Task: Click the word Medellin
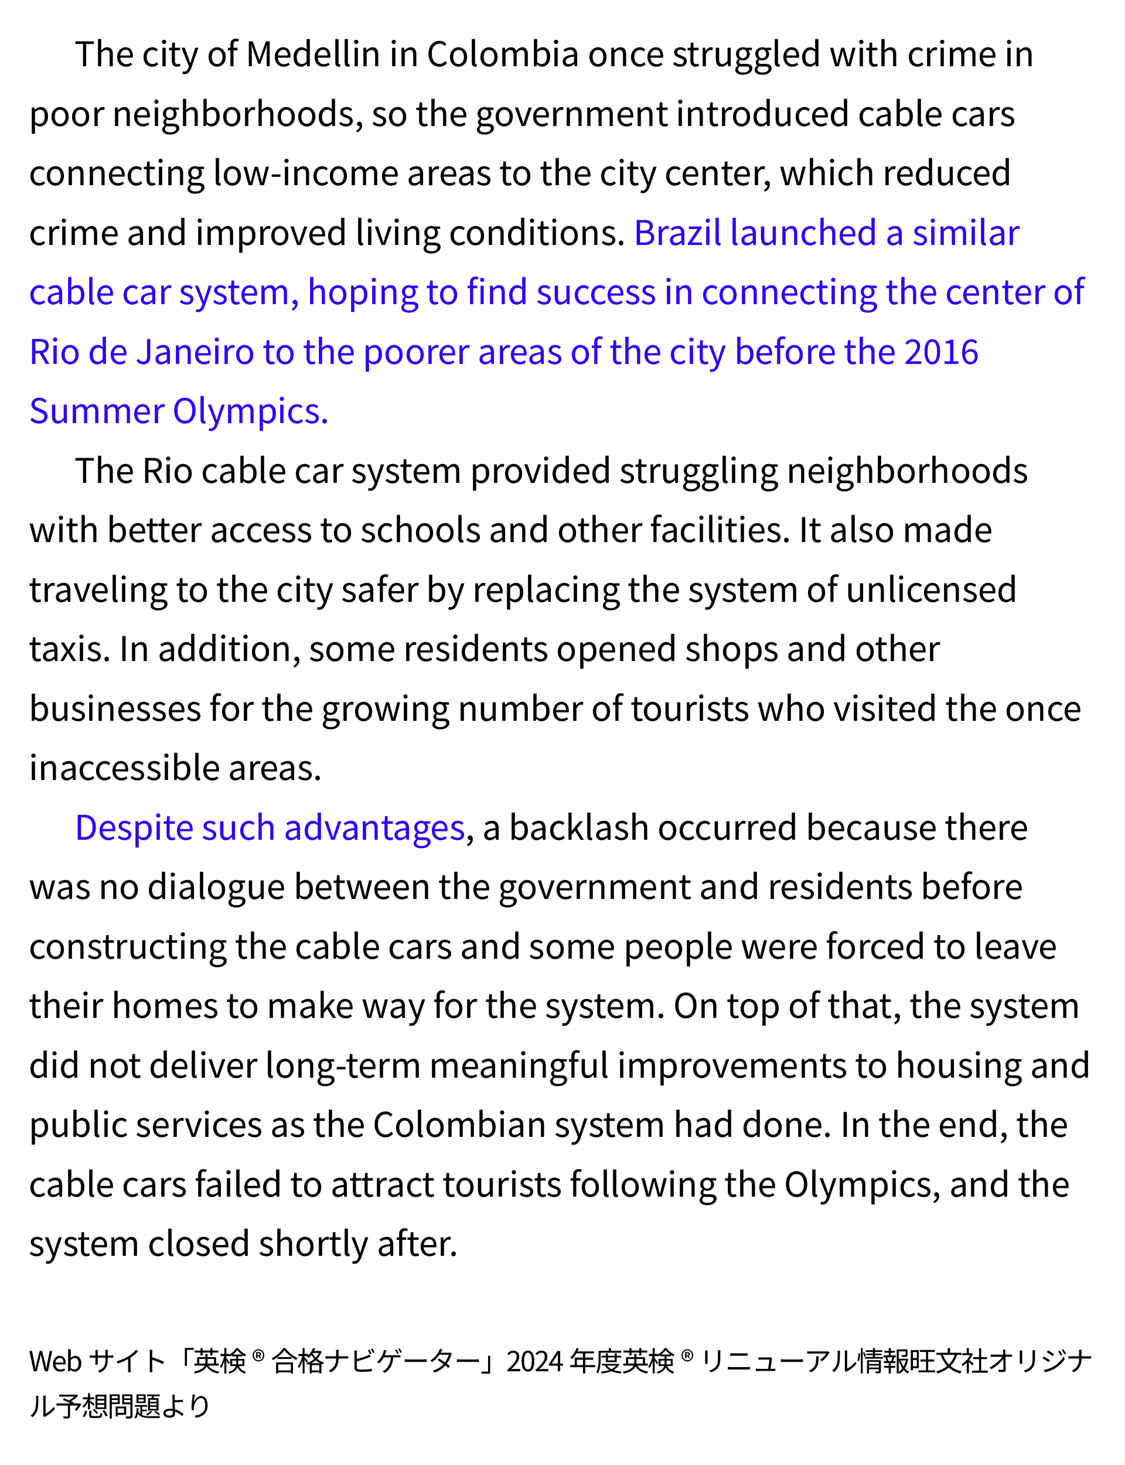(x=313, y=54)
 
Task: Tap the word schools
(x=420, y=530)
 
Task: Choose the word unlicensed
(x=931, y=590)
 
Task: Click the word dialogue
(x=216, y=887)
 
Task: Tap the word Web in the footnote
(x=56, y=1361)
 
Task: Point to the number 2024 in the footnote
(x=534, y=1361)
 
